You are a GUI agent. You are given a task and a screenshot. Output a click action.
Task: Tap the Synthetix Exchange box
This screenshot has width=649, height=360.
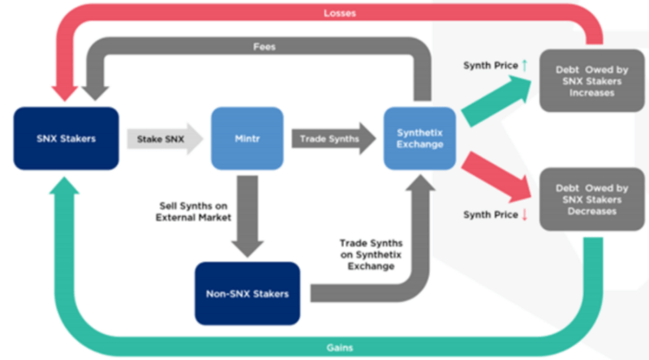click(x=416, y=139)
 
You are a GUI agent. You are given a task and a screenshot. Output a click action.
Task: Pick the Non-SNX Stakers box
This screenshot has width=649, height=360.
click(x=247, y=293)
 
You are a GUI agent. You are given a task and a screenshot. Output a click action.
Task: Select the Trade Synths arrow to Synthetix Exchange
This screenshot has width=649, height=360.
click(x=332, y=139)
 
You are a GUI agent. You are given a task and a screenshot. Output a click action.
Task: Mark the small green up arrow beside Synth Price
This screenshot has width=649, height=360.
click(x=524, y=64)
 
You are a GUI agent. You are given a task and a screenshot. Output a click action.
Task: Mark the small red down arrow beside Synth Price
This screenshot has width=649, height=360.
click(x=524, y=215)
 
